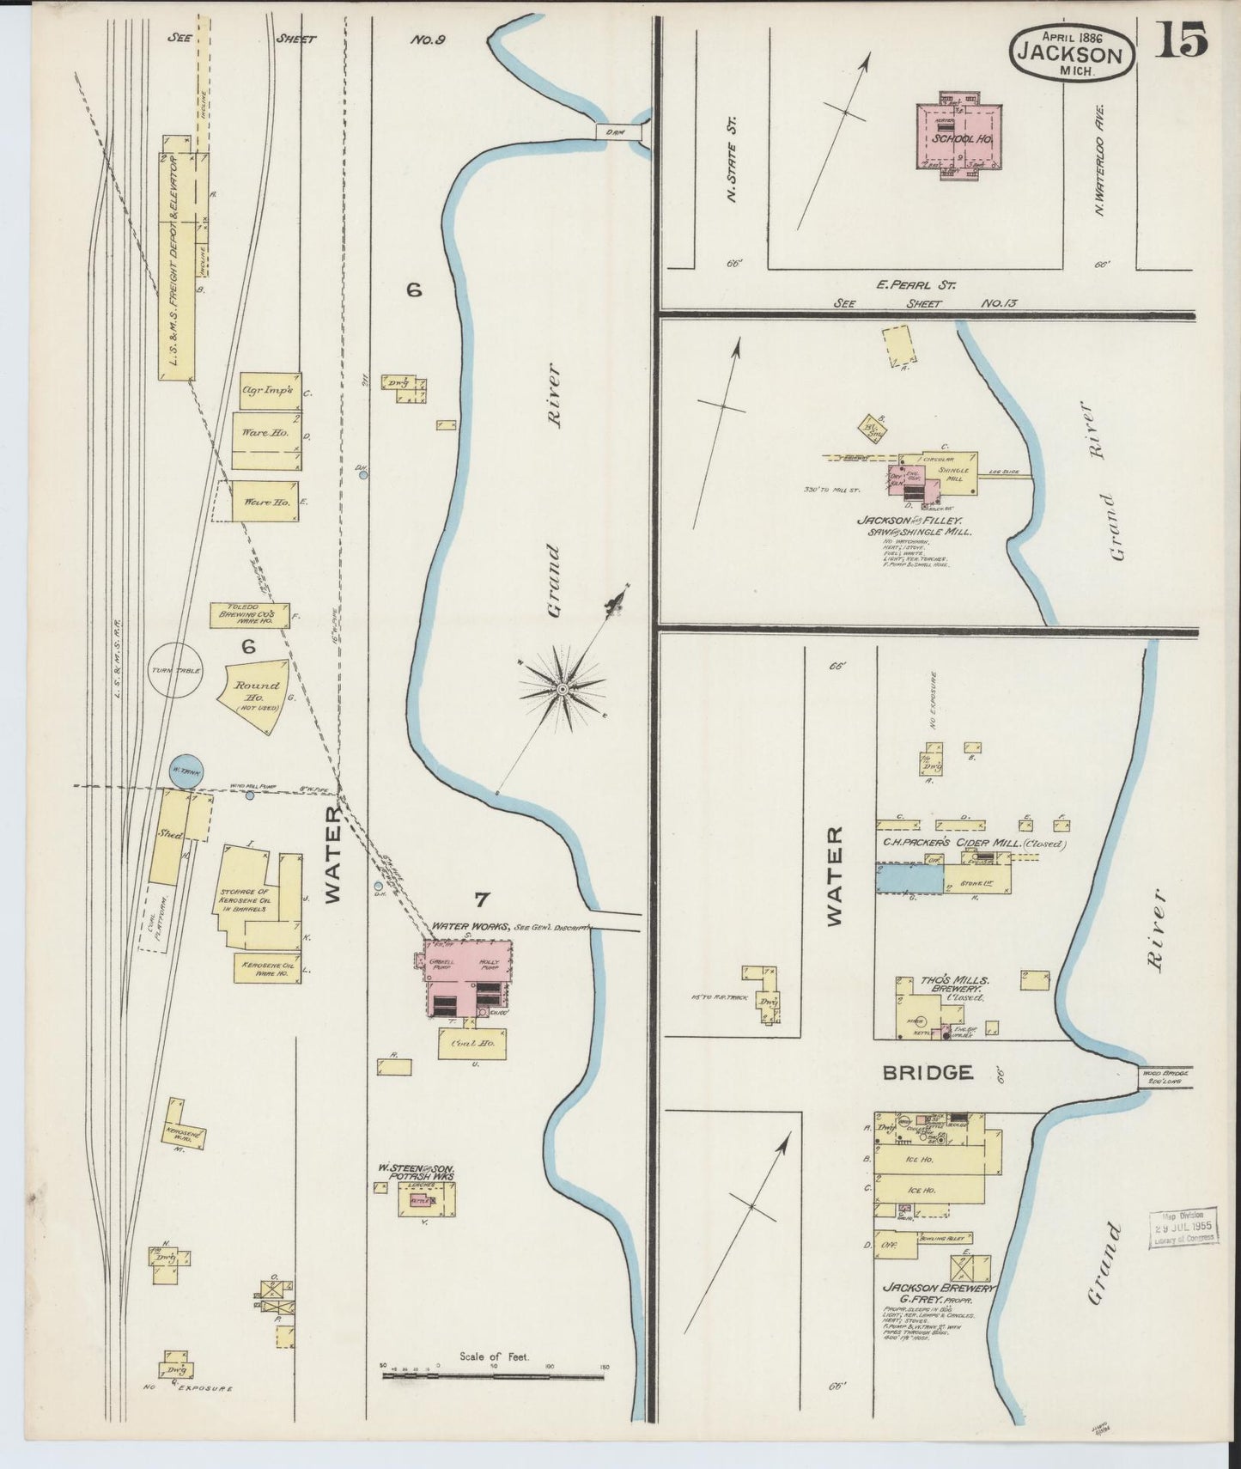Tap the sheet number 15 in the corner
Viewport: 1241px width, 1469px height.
[1181, 40]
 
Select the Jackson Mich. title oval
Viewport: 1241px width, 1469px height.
[1072, 53]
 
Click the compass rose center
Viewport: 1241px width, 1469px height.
[562, 689]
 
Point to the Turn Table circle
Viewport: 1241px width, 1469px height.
[175, 670]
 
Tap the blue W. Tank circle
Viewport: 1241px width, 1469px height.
[186, 772]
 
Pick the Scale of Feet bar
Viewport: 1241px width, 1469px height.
[494, 1376]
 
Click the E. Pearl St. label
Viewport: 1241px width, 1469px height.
[916, 284]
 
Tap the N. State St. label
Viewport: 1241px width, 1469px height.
[733, 161]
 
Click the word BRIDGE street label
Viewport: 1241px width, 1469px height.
[928, 1072]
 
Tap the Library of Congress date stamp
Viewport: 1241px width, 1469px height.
[1183, 1228]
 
